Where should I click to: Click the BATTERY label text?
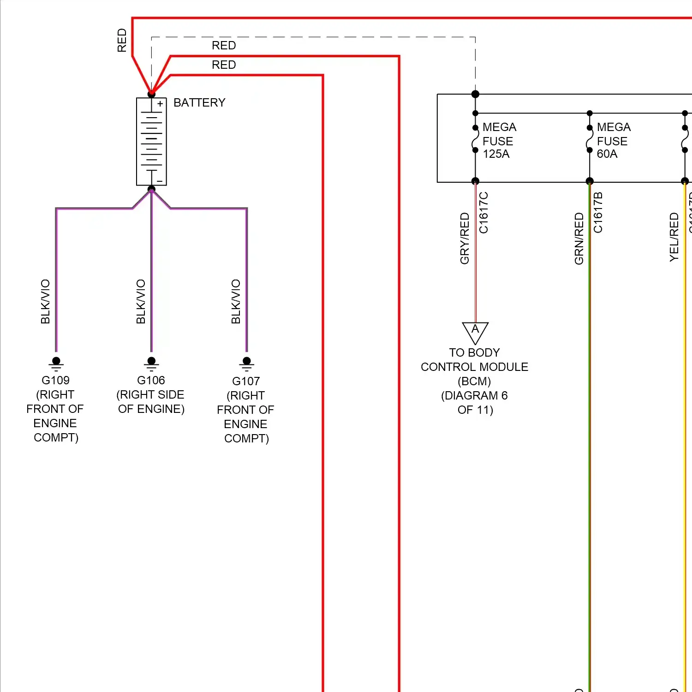(199, 102)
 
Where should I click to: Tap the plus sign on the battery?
(160, 104)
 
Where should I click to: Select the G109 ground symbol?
(56, 363)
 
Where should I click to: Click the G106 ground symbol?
(151, 363)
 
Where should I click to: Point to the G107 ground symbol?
(247, 363)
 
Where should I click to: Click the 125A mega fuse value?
(496, 154)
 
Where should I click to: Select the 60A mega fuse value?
(607, 154)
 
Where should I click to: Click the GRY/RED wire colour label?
(465, 238)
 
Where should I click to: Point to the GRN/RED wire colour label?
(579, 238)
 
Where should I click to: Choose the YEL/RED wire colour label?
(674, 237)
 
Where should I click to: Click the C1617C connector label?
(483, 213)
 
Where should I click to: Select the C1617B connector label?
(598, 213)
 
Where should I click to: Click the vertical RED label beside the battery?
(122, 40)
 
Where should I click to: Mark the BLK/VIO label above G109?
(45, 301)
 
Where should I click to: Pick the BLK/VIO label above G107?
(236, 301)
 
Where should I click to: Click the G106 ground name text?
(151, 380)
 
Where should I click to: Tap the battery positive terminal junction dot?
(151, 94)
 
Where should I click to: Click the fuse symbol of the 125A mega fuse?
(475, 139)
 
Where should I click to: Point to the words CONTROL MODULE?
(474, 367)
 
